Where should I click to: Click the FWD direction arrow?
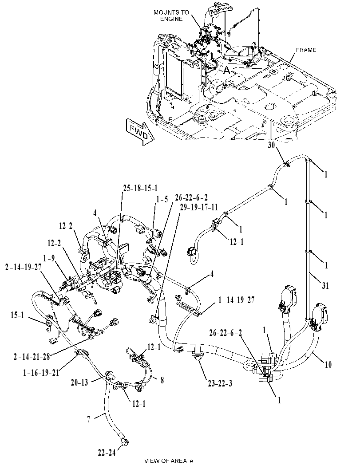[140, 132]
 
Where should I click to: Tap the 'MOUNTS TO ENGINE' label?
[171, 16]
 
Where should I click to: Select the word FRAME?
[306, 50]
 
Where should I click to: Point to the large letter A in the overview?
[227, 70]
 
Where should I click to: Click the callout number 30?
[271, 146]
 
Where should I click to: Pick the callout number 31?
[325, 286]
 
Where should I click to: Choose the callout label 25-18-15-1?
[140, 188]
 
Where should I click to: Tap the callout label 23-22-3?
[219, 383]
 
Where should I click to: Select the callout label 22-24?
[106, 453]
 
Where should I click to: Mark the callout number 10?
[328, 364]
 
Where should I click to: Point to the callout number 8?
[162, 380]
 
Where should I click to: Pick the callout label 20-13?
[79, 382]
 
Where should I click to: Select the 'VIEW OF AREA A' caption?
[169, 461]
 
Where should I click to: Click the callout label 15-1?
[17, 315]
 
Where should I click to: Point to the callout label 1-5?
[162, 200]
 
